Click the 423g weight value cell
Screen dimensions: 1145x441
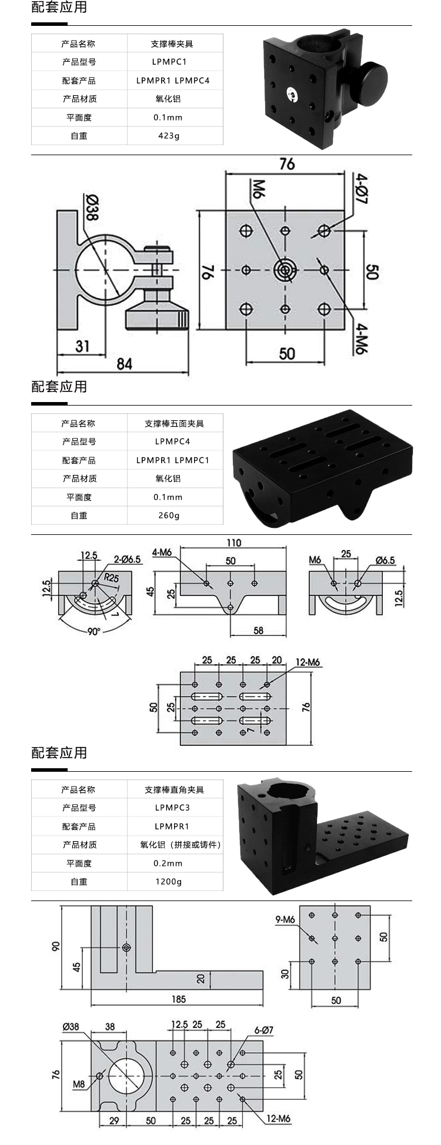coord(169,136)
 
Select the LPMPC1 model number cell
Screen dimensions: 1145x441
coord(169,62)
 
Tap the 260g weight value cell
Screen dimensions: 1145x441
coord(169,515)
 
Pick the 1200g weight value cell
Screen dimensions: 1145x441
coord(169,882)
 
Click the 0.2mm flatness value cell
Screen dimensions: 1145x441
coord(169,863)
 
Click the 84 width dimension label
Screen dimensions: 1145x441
coord(124,364)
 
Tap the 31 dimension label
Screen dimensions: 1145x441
coord(82,346)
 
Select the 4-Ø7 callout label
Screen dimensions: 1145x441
coord(361,189)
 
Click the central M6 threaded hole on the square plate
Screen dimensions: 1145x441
coord(285,270)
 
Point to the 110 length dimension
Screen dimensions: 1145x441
coord(233,543)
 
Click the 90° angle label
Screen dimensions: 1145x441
coord(94,631)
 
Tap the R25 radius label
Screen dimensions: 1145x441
coord(111,578)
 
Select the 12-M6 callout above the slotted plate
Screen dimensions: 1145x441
coord(308,662)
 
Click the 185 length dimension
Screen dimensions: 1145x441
coord(178,999)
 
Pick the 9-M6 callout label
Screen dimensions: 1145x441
coord(285,919)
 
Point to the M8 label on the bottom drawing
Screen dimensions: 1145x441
coord(79,1084)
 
